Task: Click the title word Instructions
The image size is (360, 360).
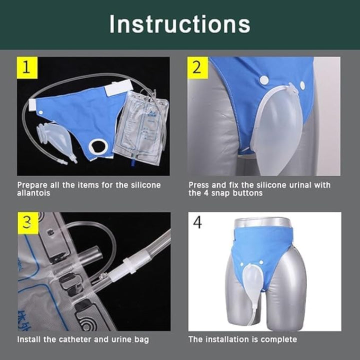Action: [180, 24]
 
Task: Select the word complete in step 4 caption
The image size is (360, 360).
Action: [278, 339]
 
